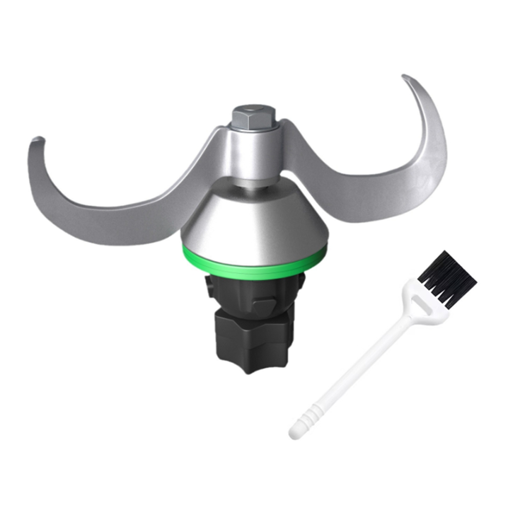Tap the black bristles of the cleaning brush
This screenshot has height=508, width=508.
(x=446, y=277)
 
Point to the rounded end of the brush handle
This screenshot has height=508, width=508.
(x=295, y=433)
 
